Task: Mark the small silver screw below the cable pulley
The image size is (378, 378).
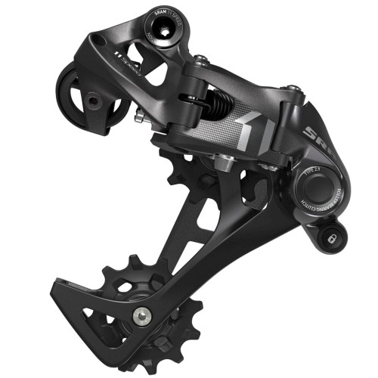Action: click(139, 116)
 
